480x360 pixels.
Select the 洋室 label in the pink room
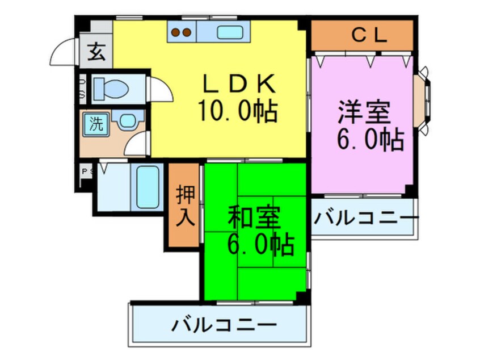tap(364, 111)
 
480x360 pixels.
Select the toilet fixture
tap(111, 89)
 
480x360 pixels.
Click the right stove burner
tap(186, 32)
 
